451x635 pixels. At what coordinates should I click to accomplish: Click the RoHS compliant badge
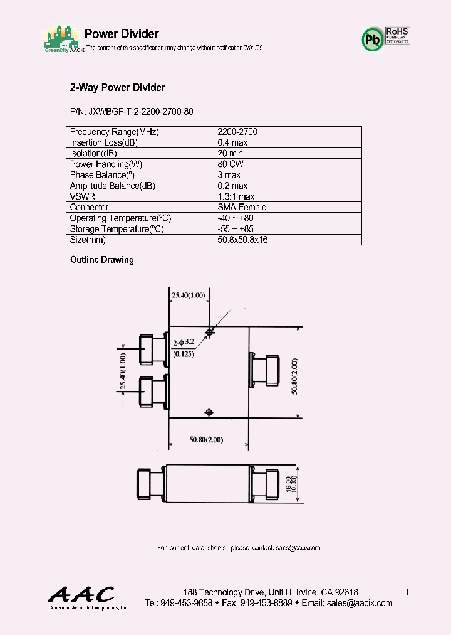(x=397, y=35)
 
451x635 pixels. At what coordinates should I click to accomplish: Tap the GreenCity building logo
(x=61, y=37)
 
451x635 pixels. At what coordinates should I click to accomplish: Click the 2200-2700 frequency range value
(x=237, y=132)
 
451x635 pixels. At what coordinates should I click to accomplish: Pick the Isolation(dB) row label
(x=93, y=153)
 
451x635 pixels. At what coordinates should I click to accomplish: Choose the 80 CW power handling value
(x=231, y=164)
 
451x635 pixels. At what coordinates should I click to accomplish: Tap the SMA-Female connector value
(x=242, y=207)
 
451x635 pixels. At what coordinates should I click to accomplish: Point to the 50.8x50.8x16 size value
(x=242, y=240)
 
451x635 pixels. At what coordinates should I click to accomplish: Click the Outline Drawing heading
(x=101, y=260)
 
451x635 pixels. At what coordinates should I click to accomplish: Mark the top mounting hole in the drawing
(x=209, y=332)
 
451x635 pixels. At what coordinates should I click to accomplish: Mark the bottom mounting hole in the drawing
(x=209, y=412)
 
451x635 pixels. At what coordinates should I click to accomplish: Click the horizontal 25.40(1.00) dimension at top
(x=188, y=295)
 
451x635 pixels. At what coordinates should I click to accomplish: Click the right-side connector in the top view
(x=265, y=372)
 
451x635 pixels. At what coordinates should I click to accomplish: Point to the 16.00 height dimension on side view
(x=289, y=484)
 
